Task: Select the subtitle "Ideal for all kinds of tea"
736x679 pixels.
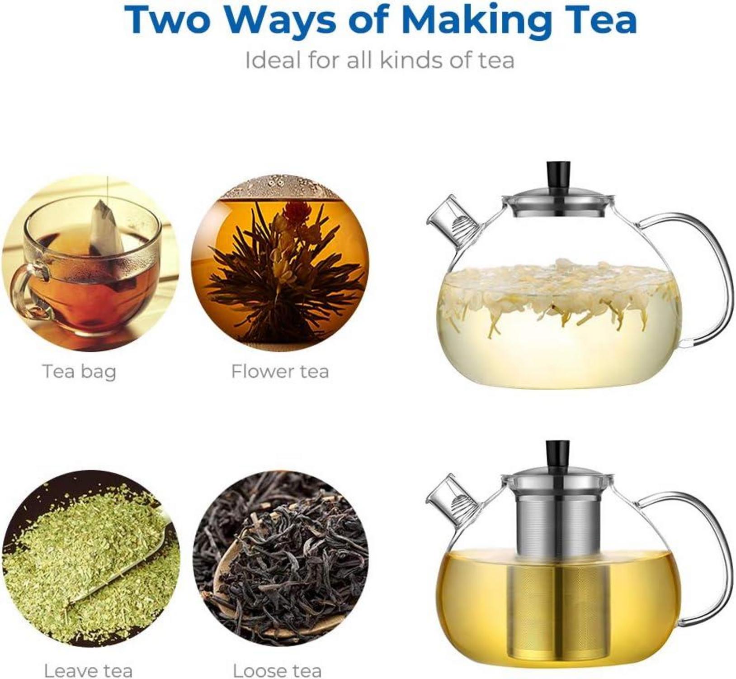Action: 380,60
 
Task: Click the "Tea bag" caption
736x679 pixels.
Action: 80,372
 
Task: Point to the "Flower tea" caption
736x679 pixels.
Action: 280,372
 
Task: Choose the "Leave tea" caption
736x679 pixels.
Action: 88,670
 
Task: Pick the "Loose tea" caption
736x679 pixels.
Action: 277,670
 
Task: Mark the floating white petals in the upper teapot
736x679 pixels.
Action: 559,292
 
